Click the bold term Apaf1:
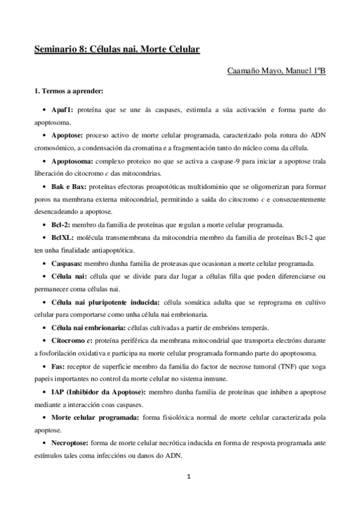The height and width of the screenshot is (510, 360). (63, 110)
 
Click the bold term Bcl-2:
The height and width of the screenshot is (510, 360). (62, 225)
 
